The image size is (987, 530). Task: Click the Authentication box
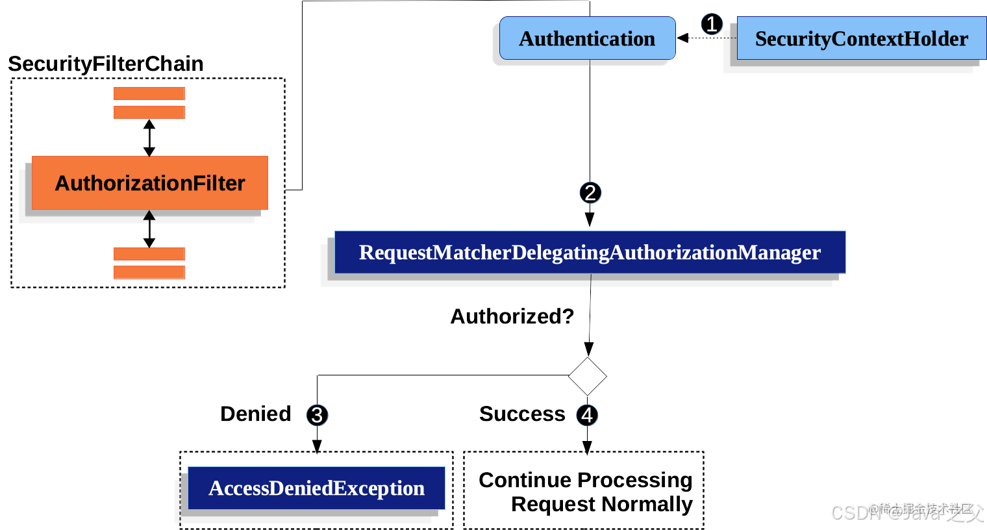587,39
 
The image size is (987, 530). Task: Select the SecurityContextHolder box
861,39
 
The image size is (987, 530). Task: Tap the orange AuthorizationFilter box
150,183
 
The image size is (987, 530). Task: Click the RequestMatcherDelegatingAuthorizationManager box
590,252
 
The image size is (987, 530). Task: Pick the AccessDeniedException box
316,488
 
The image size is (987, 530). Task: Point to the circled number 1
712,25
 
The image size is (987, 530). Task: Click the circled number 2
590,193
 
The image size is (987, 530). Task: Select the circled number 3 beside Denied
317,415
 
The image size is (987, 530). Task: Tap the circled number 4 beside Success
587,415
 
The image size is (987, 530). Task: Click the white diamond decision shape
587,376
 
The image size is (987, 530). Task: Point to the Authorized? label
512,316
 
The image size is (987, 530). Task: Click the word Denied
256,414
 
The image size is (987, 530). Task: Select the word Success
522,414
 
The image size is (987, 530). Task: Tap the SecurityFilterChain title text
106,64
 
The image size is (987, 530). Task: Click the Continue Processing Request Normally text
586,492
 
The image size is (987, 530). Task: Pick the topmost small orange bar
149,94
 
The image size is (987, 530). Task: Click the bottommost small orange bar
149,272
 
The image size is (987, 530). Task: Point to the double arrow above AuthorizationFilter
149,138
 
